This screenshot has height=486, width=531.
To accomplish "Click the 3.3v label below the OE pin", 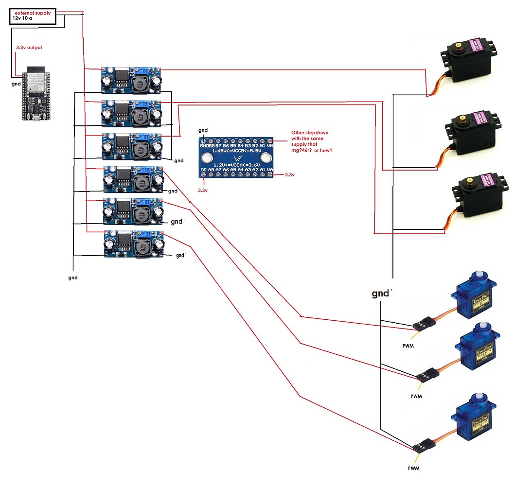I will [x=203, y=190].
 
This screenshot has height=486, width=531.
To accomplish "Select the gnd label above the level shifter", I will [x=203, y=130].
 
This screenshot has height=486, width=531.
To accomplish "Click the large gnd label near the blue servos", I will [x=381, y=294].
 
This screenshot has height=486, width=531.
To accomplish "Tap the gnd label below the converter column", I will [x=72, y=278].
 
